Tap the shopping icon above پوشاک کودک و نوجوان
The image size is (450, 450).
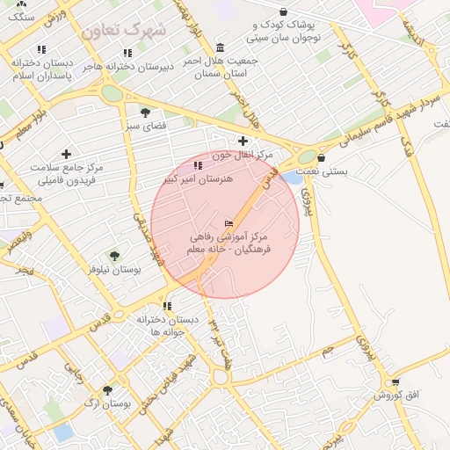[x=283, y=11]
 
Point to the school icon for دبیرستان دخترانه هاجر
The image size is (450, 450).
[x=128, y=53]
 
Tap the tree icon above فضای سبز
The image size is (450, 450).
[x=145, y=112]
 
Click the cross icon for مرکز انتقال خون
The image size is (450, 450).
[x=243, y=141]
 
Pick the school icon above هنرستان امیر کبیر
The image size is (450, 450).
[x=198, y=164]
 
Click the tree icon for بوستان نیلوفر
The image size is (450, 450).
[x=113, y=256]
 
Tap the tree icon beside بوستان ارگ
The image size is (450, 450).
[x=107, y=389]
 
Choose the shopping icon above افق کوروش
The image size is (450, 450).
[x=396, y=382]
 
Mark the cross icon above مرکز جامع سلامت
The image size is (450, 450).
[x=66, y=154]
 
